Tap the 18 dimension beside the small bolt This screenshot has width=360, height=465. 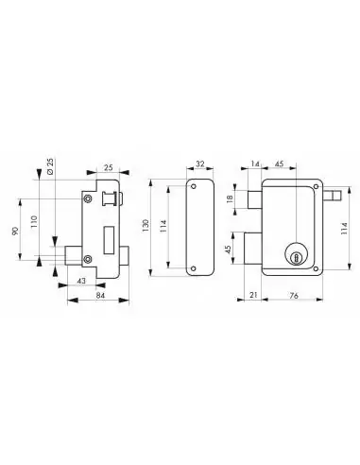(x=231, y=199)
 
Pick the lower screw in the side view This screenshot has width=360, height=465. (x=88, y=259)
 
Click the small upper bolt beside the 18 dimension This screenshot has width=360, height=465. (x=253, y=198)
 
